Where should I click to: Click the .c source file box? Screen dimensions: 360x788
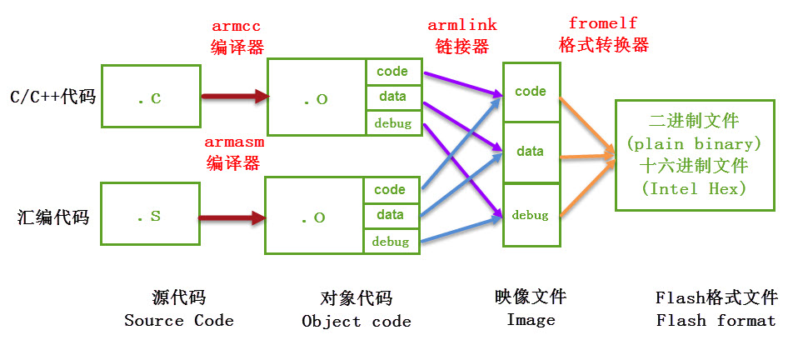click(150, 97)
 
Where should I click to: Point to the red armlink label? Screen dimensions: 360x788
click(458, 27)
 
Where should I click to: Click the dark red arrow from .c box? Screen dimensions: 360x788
click(235, 97)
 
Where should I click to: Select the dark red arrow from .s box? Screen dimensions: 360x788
click(232, 218)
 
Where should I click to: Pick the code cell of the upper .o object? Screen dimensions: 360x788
click(392, 72)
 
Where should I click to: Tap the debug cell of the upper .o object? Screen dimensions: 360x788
click(392, 123)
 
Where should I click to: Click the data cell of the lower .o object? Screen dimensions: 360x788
click(390, 215)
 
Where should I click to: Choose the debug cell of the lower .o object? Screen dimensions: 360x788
click(390, 242)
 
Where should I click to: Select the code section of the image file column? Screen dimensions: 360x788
click(531, 92)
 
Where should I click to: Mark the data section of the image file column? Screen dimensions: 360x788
click(531, 152)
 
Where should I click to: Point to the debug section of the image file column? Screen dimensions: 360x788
click(531, 215)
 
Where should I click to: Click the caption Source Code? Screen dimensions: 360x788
click(179, 321)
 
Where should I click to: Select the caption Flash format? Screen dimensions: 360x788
click(716, 321)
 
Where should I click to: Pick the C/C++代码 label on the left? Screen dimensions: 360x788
click(52, 97)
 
